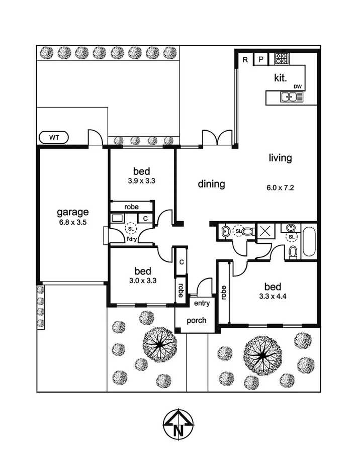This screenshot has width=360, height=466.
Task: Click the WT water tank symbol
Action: pyautogui.click(x=54, y=137)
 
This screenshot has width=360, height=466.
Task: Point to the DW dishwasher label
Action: pyautogui.click(x=298, y=86)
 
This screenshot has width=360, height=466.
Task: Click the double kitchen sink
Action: pyautogui.click(x=289, y=97)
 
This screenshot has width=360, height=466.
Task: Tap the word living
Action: pyautogui.click(x=280, y=158)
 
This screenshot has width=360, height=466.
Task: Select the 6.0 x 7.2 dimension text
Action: pyautogui.click(x=280, y=188)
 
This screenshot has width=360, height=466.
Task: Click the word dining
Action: pyautogui.click(x=211, y=184)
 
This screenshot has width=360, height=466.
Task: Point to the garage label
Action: pyautogui.click(x=72, y=212)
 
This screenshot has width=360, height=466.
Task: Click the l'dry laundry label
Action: pyautogui.click(x=131, y=239)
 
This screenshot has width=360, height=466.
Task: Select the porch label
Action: pyautogui.click(x=196, y=320)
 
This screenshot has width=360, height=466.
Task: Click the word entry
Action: pyautogui.click(x=202, y=303)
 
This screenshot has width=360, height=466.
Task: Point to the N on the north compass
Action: pyautogui.click(x=178, y=430)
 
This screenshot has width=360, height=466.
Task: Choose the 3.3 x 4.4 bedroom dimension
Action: pyautogui.click(x=273, y=297)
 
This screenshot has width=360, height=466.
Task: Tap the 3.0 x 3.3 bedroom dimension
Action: pyautogui.click(x=142, y=281)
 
